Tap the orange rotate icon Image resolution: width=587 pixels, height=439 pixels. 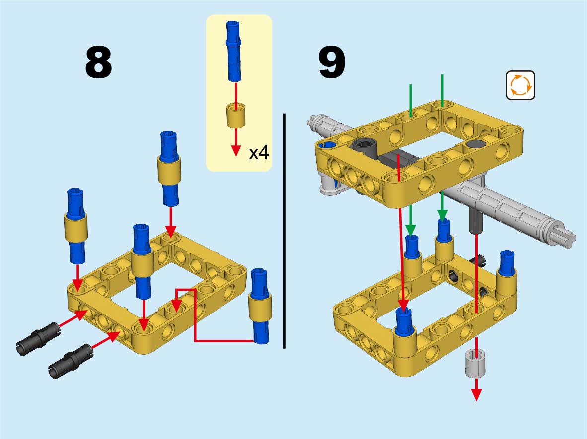click(x=520, y=85)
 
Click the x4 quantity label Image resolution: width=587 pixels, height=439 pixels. click(x=258, y=153)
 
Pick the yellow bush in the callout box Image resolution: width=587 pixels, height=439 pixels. click(x=236, y=115)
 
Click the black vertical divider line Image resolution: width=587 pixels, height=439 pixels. click(x=284, y=231)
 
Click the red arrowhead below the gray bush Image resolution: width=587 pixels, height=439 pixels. click(x=476, y=394)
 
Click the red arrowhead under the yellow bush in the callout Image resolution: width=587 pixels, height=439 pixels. click(x=236, y=151)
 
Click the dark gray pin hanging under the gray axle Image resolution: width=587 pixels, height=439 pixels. click(x=476, y=221)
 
